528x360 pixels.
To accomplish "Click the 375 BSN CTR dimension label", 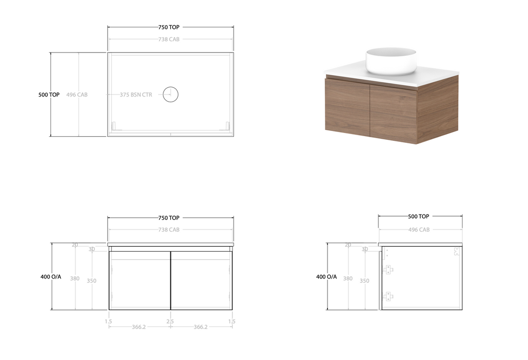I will click(x=136, y=95).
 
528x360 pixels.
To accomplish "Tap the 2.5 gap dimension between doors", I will click(x=171, y=321).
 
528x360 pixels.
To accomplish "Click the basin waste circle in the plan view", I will click(x=170, y=94).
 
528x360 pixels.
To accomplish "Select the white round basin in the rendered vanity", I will click(x=391, y=61).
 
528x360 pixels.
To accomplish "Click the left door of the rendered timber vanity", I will click(x=348, y=107).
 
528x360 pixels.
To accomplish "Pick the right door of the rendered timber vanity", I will click(x=393, y=113).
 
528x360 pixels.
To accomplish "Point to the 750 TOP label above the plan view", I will click(x=169, y=27).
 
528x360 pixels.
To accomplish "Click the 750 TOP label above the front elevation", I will click(x=169, y=218).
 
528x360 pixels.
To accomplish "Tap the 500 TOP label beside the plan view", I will click(x=49, y=95).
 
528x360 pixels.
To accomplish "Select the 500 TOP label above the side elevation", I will click(x=419, y=217).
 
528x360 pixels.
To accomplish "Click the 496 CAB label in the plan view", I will click(x=77, y=95).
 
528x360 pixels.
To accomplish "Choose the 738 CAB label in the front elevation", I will click(x=169, y=230).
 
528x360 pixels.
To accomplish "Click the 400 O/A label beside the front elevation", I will click(x=51, y=277).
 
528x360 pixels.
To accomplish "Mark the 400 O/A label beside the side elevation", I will click(x=326, y=277).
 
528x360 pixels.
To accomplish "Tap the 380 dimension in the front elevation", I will click(x=75, y=279).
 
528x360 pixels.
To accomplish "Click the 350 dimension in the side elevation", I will click(x=365, y=281).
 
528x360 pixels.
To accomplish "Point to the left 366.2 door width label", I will click(x=139, y=327).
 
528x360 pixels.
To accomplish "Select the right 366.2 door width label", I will click(x=201, y=327).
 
